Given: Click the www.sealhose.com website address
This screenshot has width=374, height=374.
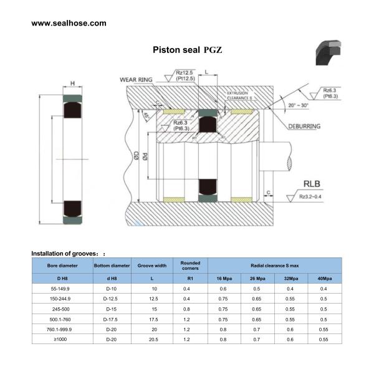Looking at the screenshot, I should pyautogui.click(x=69, y=23).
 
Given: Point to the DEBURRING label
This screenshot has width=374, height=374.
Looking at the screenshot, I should pyautogui.click(x=322, y=126).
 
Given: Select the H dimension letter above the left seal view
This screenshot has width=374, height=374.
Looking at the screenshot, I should pyautogui.click(x=72, y=83).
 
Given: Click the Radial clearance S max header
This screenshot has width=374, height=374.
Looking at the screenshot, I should pyautogui.click(x=274, y=265).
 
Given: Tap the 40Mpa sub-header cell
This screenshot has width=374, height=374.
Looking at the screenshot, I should pyautogui.click(x=323, y=278).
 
